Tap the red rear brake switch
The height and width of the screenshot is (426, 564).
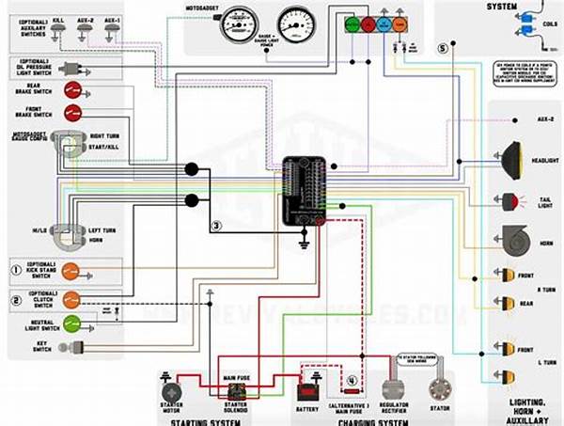click(x=71, y=90)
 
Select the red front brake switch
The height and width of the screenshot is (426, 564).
click(x=71, y=113)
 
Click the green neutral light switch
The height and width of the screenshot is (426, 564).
click(x=71, y=325)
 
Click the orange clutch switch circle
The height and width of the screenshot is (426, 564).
click(x=71, y=301)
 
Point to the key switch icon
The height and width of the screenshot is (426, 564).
click(x=68, y=348)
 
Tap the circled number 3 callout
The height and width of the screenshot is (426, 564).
click(x=216, y=226)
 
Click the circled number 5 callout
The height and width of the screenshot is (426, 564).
click(x=443, y=47)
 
